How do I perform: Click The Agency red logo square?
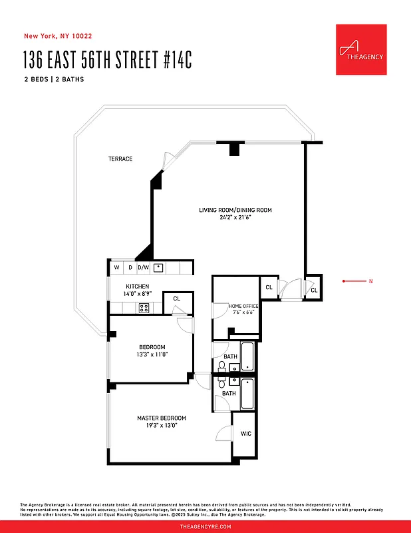click(361, 50)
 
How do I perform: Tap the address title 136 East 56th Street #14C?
click(107, 59)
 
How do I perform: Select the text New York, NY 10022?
click(53, 36)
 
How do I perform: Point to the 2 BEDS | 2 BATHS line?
click(53, 80)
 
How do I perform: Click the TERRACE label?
click(120, 159)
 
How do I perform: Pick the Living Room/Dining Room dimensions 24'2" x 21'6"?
click(235, 218)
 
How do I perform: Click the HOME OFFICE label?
click(243, 306)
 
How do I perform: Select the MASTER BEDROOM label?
click(162, 418)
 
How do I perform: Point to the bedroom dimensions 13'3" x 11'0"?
click(153, 354)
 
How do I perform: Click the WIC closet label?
click(245, 434)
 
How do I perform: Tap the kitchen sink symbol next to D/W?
click(158, 268)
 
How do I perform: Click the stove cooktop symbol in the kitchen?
click(143, 308)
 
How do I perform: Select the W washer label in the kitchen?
click(116, 268)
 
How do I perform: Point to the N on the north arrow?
click(370, 282)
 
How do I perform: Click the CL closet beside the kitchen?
click(176, 299)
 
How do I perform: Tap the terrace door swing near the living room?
click(168, 159)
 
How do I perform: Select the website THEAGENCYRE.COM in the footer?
click(205, 526)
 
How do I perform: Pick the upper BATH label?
click(229, 357)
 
